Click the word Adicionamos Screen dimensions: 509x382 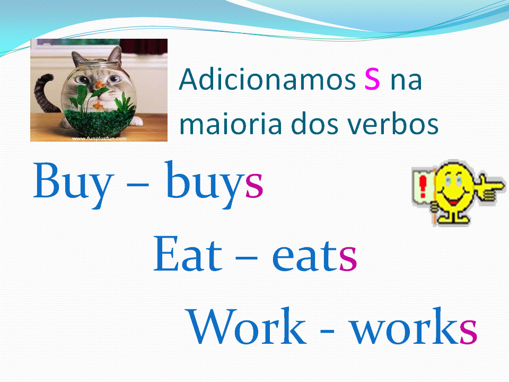pyautogui.click(x=267, y=79)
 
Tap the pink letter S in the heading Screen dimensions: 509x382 pyautogui.click(x=372, y=80)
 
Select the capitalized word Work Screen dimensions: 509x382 pyautogui.click(x=247, y=326)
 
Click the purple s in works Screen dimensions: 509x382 pyautogui.click(x=468, y=331)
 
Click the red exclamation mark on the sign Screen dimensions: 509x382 pyautogui.click(x=423, y=186)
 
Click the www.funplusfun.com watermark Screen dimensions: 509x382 pyautogui.click(x=99, y=138)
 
